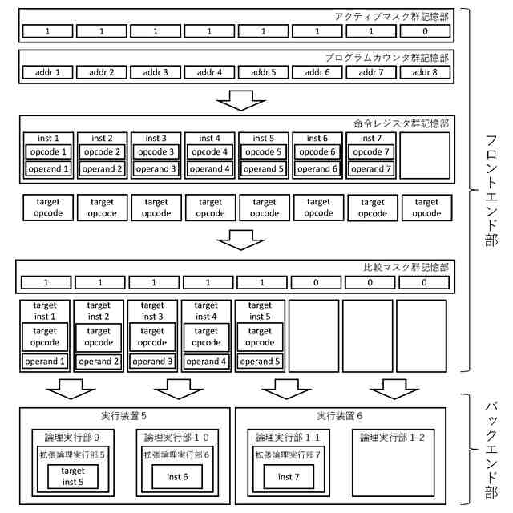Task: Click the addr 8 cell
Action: coord(425,72)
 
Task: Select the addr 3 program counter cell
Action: coord(156,72)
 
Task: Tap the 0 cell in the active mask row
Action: coord(425,31)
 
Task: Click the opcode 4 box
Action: coord(210,151)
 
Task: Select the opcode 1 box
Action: coord(48,151)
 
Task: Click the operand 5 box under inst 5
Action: coord(261,362)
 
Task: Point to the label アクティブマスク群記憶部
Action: coord(392,17)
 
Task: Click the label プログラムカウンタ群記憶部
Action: coord(386,58)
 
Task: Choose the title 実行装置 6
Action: coord(339,416)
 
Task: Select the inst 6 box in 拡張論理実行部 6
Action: coord(178,477)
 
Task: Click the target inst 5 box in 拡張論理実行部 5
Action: coord(72,476)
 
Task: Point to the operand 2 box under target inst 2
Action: coord(99,362)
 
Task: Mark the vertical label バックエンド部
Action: coord(487,450)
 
